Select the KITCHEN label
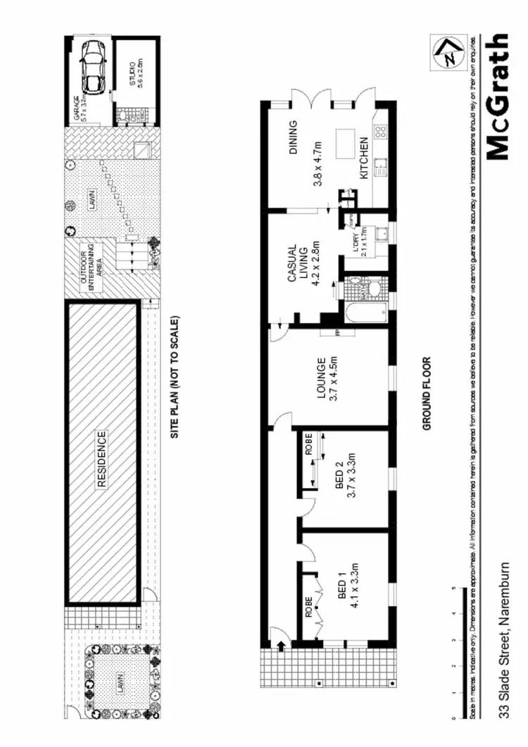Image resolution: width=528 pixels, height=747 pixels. pos(364,160)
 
